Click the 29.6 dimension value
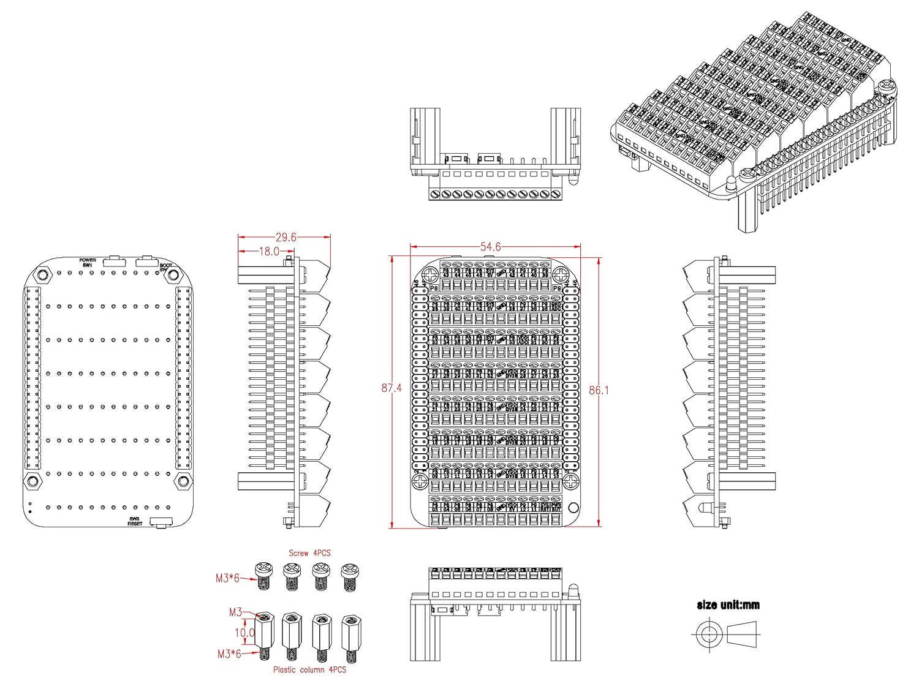pos(286,238)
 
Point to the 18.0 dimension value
pos(269,251)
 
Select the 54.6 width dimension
pos(490,247)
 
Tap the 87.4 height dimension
pos(391,388)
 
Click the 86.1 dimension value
pos(599,390)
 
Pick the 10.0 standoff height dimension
pos(244,633)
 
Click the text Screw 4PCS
pos(309,553)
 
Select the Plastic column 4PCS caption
pos(309,670)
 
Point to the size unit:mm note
pos(728,605)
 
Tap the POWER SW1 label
pos(88,262)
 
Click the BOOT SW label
pos(165,268)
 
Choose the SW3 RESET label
pos(135,521)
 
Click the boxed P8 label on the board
pos(434,288)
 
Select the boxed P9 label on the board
pos(556,288)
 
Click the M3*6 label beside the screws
pos(227,578)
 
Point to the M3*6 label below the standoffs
pos(229,654)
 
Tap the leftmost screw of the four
pos(263,576)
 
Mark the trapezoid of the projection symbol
pos(743,634)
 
